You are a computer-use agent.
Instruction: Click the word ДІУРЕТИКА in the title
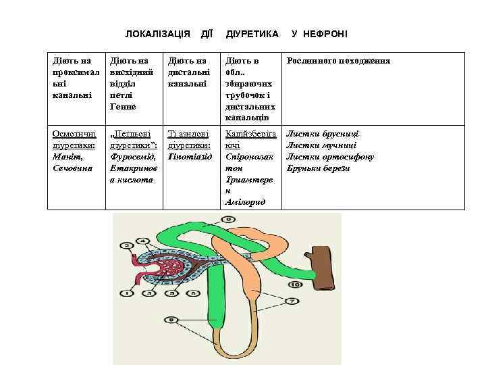(251, 34)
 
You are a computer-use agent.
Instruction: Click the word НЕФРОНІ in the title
(325, 34)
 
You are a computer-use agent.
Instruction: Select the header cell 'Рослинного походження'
(338, 61)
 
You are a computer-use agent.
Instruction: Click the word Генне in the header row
(123, 107)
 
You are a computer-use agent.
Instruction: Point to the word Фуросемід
(132, 157)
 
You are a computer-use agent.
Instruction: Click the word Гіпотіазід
(190, 157)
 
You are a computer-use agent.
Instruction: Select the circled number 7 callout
(292, 301)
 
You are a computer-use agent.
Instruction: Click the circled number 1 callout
(126, 293)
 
